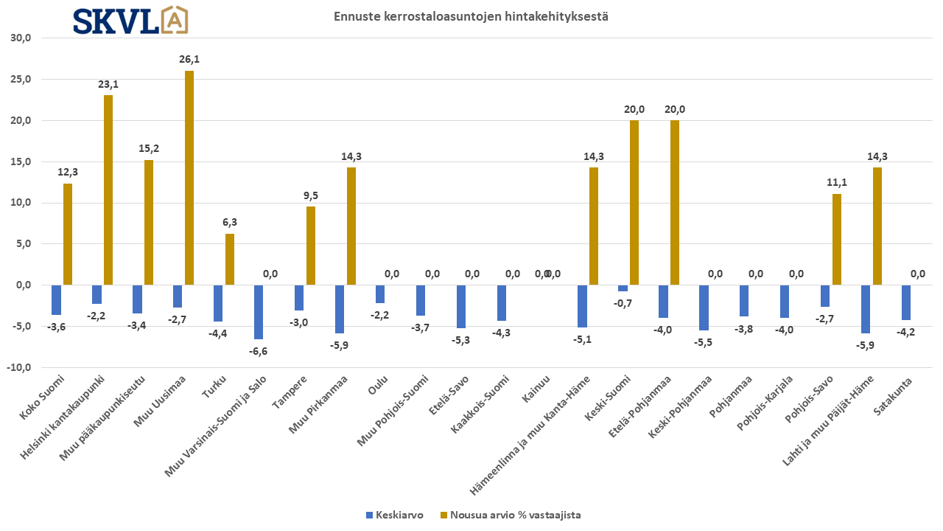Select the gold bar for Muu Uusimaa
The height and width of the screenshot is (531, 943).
(189, 178)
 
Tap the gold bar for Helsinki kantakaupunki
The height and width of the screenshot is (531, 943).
(108, 190)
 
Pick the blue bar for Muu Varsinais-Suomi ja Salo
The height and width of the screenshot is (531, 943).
(259, 312)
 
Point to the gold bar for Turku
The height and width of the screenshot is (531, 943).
(230, 259)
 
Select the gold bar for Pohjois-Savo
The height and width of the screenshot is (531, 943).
(836, 239)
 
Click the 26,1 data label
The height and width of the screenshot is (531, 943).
(189, 59)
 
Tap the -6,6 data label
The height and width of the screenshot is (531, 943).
(259, 351)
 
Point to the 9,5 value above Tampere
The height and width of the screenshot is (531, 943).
(311, 195)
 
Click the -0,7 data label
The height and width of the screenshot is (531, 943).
(623, 302)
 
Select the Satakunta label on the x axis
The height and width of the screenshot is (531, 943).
(897, 394)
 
